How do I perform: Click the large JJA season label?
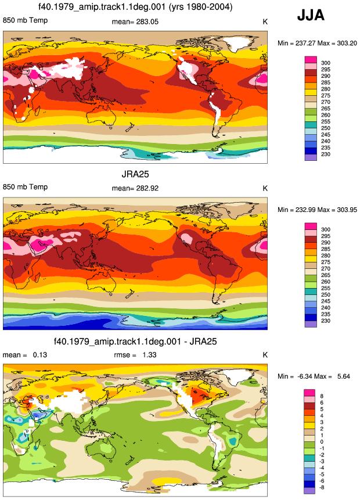(311, 15)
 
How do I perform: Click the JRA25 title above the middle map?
(135, 174)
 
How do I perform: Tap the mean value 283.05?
(146, 21)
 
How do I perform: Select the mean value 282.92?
(146, 188)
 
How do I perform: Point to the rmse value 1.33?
(149, 355)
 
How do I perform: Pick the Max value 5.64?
(344, 376)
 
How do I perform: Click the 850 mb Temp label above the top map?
(25, 20)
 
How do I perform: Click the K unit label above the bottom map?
(265, 355)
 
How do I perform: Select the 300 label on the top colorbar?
(326, 63)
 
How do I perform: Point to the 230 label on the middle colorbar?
(326, 321)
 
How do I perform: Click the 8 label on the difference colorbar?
(322, 396)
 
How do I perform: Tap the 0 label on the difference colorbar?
(322, 442)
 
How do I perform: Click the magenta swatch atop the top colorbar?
(311, 60)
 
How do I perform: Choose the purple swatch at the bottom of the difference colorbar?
(309, 491)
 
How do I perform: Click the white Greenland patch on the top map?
(235, 44)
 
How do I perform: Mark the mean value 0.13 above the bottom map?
(40, 355)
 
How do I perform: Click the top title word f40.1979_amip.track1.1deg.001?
(102, 7)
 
